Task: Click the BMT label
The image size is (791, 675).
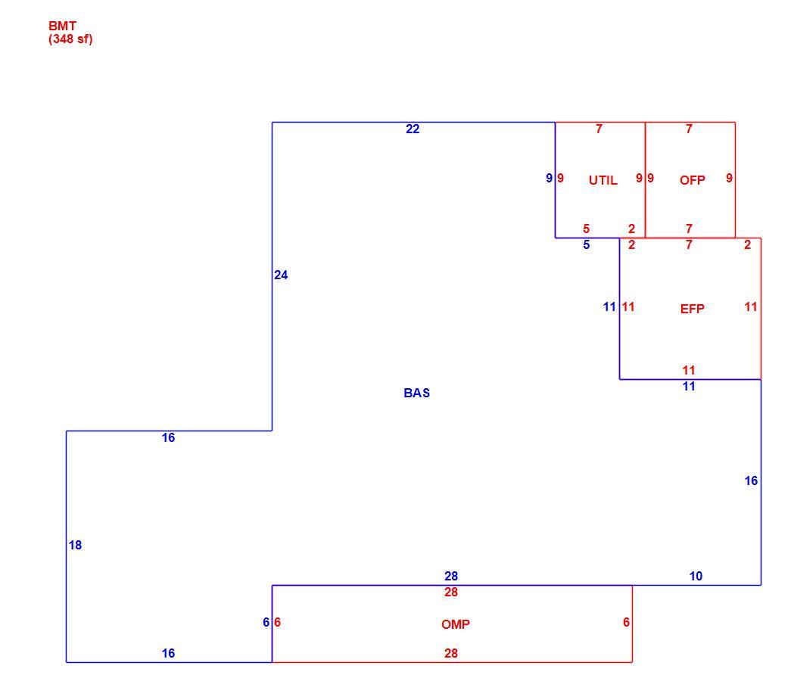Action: (x=62, y=26)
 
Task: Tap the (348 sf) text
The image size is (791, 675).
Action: (x=70, y=39)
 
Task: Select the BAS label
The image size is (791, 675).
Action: (x=416, y=393)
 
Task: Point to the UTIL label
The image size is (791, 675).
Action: (x=603, y=180)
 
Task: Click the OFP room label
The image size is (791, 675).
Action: (x=692, y=180)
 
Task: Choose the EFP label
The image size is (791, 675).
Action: (x=692, y=309)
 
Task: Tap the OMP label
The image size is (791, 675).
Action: (x=456, y=624)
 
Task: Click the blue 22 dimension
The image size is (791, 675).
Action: (x=413, y=129)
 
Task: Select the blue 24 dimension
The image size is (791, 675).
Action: (x=281, y=275)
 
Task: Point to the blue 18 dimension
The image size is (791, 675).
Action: (x=75, y=546)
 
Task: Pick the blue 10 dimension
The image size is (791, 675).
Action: (x=696, y=576)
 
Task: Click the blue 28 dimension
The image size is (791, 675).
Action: (x=451, y=576)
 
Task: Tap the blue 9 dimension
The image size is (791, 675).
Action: (x=550, y=178)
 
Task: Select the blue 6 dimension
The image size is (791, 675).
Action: (x=266, y=623)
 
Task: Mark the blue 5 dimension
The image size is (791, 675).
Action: (x=586, y=244)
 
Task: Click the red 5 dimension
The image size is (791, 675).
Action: (x=586, y=229)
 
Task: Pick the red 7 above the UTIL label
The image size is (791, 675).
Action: (x=599, y=129)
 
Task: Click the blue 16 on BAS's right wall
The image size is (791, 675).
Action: (x=751, y=481)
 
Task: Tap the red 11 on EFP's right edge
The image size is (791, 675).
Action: (x=751, y=306)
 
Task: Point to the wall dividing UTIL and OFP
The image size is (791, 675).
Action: (x=645, y=180)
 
